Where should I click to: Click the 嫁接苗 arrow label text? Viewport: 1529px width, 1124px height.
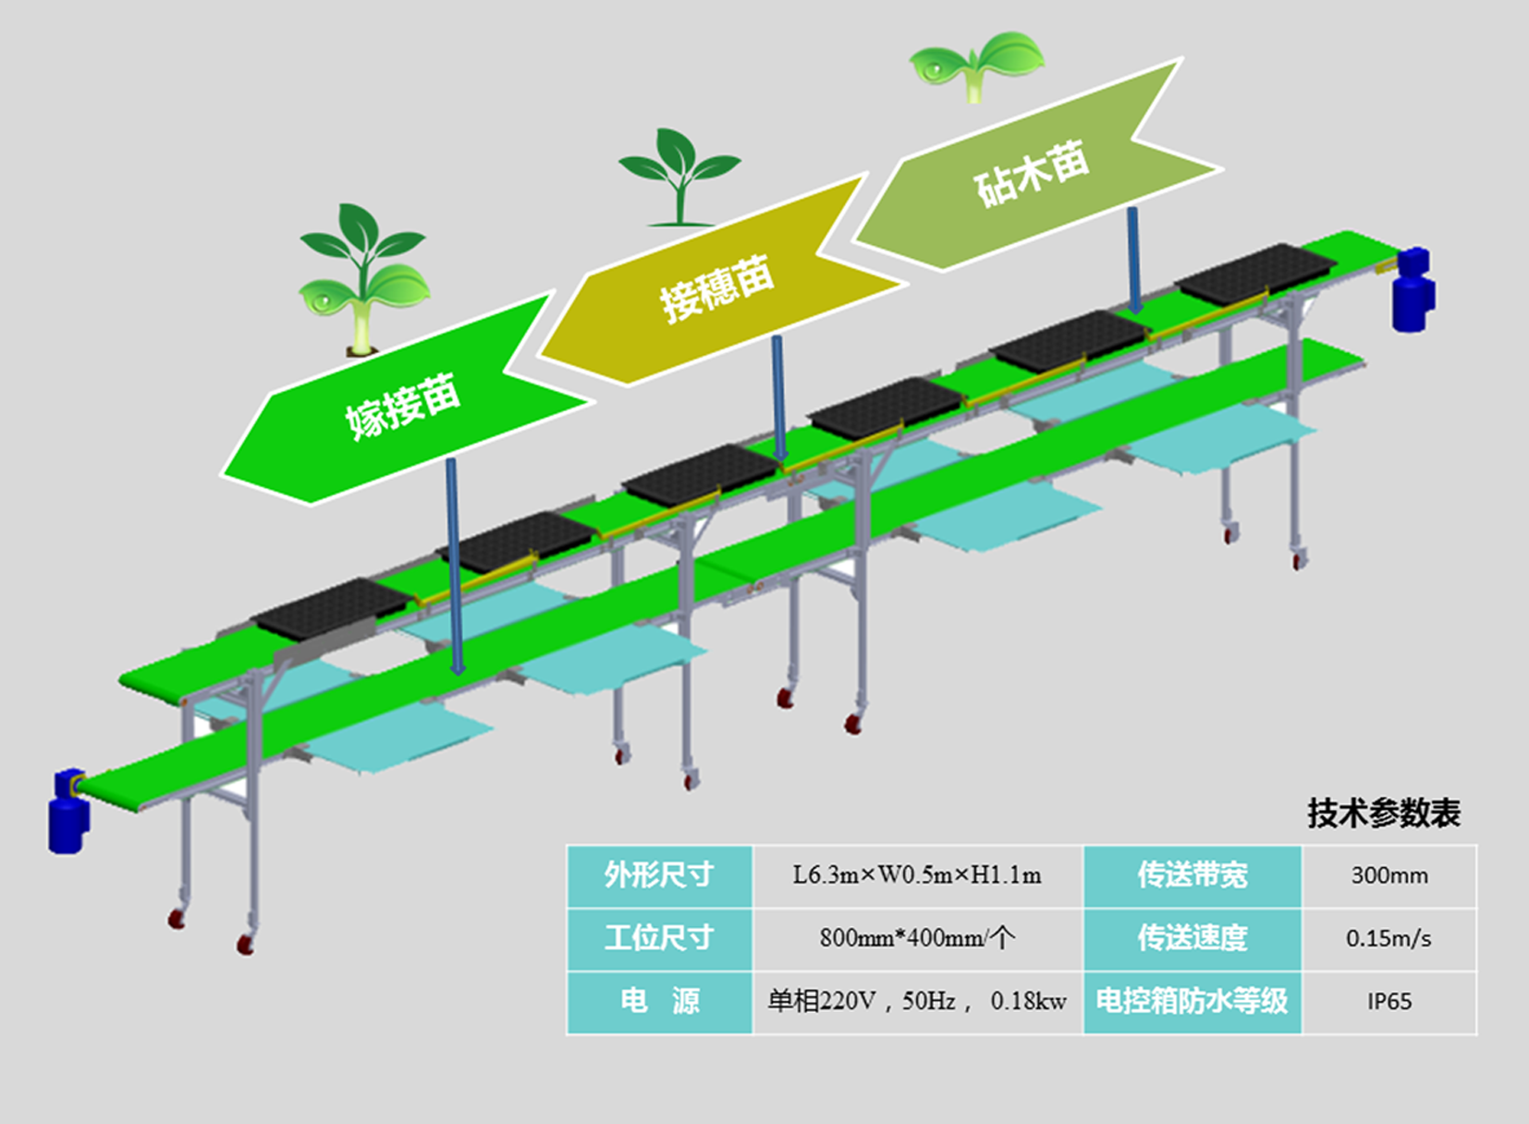(403, 406)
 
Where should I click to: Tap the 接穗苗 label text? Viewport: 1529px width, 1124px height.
(716, 287)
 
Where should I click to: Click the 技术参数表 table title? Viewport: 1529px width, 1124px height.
(1383, 813)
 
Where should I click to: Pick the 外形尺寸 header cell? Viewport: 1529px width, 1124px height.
(659, 875)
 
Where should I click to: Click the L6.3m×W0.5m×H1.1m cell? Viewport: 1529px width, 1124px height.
(917, 875)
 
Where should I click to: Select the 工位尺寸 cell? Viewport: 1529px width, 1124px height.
(659, 938)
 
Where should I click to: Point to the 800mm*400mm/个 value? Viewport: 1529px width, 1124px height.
(917, 938)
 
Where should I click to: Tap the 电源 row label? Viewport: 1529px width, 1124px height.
(659, 1001)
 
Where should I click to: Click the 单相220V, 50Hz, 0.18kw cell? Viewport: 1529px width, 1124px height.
(917, 1001)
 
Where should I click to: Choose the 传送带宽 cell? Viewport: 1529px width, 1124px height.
(1193, 875)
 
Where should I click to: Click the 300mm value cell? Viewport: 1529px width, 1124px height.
(1389, 875)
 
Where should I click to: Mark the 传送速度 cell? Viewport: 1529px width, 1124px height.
(1193, 938)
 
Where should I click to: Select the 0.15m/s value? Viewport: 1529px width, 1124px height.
(1389, 938)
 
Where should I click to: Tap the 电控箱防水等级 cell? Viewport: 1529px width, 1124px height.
(1193, 1001)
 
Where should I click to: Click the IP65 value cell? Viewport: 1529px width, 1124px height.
(1389, 1001)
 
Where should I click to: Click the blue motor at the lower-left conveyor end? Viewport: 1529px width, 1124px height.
(68, 812)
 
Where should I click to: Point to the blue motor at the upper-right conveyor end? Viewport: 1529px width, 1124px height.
(1413, 289)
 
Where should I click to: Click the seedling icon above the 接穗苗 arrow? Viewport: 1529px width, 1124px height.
(679, 177)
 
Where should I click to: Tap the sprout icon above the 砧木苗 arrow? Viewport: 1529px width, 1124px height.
(977, 65)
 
